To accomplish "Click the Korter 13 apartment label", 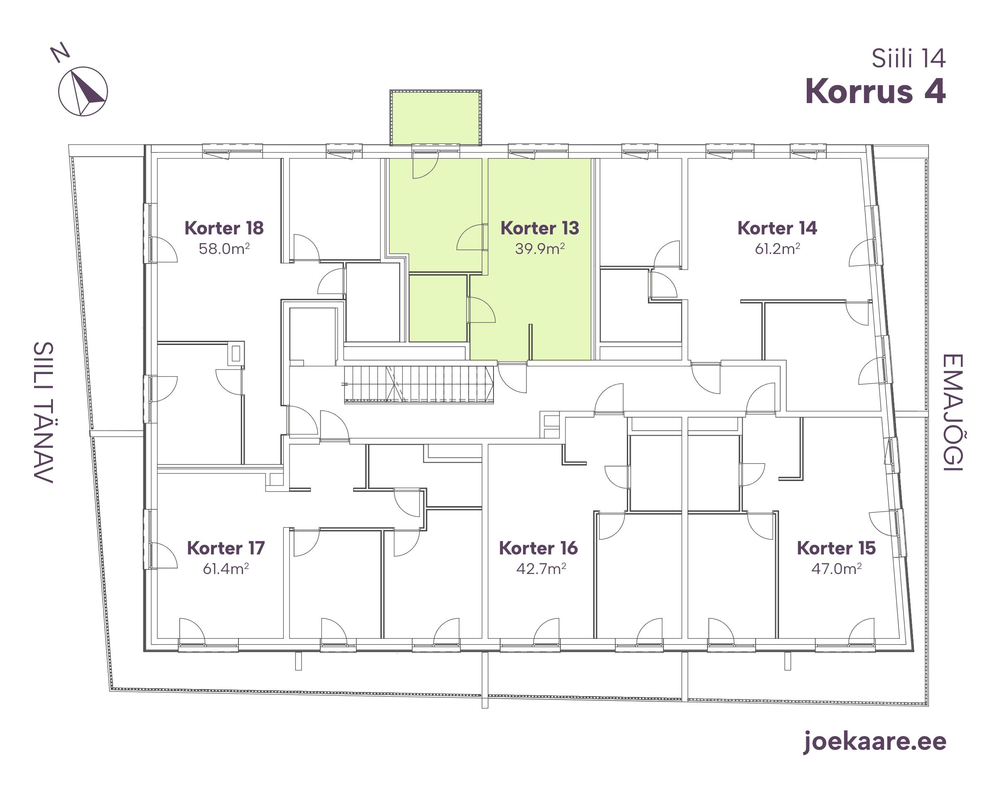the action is (x=540, y=228).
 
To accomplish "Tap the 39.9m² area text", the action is (x=540, y=249).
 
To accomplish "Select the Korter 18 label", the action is (x=224, y=228).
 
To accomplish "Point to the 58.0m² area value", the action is (x=224, y=249).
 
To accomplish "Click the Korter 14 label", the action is (x=777, y=228).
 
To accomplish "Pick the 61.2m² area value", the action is (x=777, y=249).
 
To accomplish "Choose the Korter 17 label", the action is (x=226, y=548).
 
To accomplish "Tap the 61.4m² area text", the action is (x=226, y=569).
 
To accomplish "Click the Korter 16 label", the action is (x=538, y=548).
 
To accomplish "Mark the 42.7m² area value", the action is (x=541, y=569).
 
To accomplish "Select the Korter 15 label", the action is (x=836, y=548).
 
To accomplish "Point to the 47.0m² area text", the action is (x=836, y=569).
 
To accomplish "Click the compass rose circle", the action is (x=59, y=91).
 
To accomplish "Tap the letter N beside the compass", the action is (x=60, y=53).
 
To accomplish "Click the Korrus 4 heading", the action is (x=875, y=91).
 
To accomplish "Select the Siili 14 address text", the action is (x=908, y=58).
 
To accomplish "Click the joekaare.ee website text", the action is (x=874, y=741).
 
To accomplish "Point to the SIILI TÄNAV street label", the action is (x=43, y=412).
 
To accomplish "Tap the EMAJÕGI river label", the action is (x=953, y=413).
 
